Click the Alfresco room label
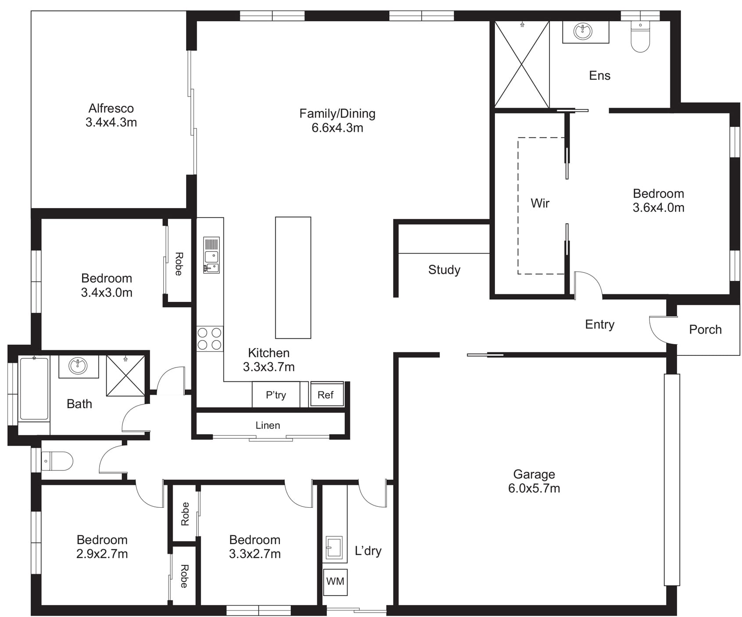[111, 115]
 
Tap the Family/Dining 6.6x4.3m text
[337, 121]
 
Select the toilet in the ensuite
[640, 36]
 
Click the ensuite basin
[583, 31]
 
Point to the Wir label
[540, 203]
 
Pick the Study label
[444, 270]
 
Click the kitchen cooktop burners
[209, 339]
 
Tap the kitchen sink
[211, 255]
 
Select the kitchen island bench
[293, 277]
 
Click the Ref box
[326, 395]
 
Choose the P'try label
[276, 395]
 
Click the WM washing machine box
[335, 582]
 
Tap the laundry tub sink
[334, 547]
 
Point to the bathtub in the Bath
[34, 389]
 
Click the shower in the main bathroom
[125, 376]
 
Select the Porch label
[705, 330]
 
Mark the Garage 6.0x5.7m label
[534, 481]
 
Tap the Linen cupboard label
[268, 425]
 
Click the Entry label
[599, 325]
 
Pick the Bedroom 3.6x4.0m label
[658, 201]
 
